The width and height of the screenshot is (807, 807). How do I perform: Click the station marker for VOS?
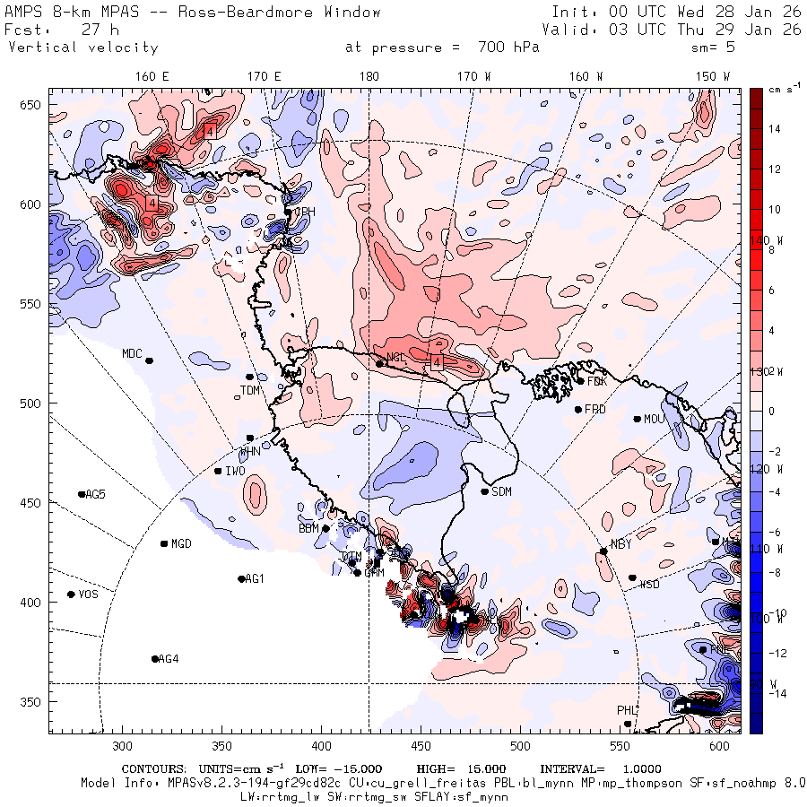coord(71,594)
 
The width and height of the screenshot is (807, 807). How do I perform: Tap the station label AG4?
coord(169,659)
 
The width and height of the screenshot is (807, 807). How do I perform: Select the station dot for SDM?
coord(485,491)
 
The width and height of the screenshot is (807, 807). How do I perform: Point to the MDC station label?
coord(133,353)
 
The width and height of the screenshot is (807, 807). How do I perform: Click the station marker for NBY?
coord(603,551)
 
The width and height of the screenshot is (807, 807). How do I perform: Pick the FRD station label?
coord(595,410)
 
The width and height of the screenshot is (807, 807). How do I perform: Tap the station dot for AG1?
coord(241,578)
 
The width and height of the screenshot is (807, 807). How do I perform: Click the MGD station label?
coord(181,544)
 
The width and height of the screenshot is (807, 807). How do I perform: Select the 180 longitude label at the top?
coord(369,76)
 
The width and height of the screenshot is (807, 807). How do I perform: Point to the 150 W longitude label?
coord(714,76)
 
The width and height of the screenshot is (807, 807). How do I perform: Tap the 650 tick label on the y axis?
coord(32,106)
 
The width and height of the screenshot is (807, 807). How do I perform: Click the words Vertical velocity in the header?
coord(82,48)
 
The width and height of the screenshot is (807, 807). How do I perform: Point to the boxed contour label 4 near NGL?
coord(437,362)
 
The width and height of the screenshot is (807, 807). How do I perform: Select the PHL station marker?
coord(628,724)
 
